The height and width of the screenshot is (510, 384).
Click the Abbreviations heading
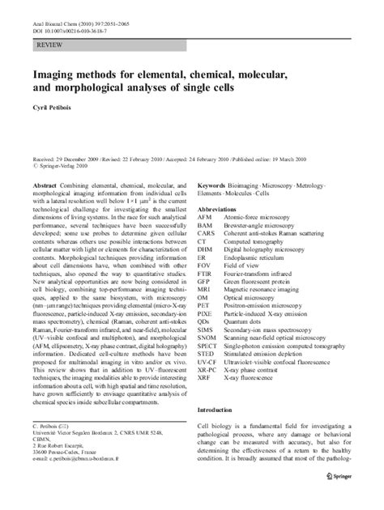coord(222,208)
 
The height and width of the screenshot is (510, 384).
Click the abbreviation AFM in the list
coord(205,217)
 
